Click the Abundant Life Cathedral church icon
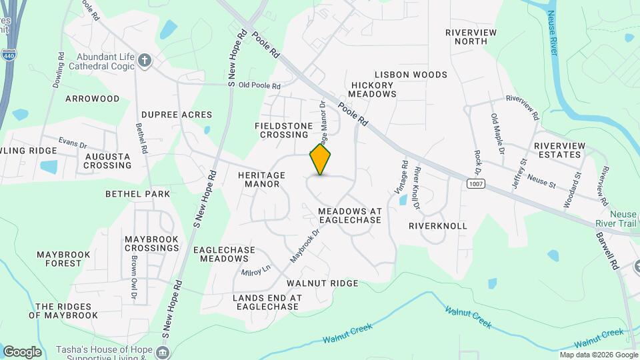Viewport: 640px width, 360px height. tap(145, 62)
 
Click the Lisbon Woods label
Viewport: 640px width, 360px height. tap(411, 75)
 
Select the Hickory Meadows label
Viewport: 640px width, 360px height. tap(373, 89)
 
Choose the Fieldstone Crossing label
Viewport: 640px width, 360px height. tap(281, 130)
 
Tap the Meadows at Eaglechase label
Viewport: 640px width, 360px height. tap(349, 215)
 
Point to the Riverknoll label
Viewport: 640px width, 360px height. tap(438, 226)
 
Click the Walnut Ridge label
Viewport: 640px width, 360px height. tap(323, 283)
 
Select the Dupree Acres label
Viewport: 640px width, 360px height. tap(177, 115)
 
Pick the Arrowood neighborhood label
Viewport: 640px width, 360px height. tap(92, 99)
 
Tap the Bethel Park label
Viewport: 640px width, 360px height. tap(137, 194)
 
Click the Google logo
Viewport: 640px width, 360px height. tap(22, 351)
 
